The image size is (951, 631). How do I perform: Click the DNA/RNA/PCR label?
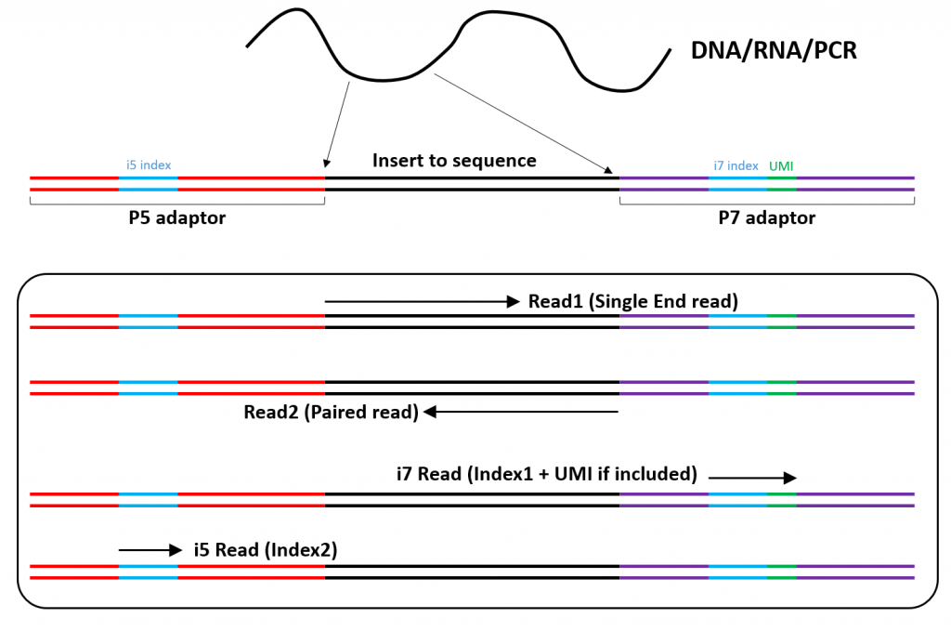pyautogui.click(x=773, y=51)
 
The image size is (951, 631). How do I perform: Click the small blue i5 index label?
pyautogui.click(x=149, y=165)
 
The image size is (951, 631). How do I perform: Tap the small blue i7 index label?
pyautogui.click(x=736, y=165)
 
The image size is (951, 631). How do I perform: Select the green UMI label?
pyautogui.click(x=781, y=165)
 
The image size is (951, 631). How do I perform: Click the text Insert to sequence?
pyautogui.click(x=454, y=161)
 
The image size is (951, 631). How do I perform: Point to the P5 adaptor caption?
pyautogui.click(x=176, y=218)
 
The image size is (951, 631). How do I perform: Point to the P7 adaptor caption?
pyautogui.click(x=767, y=218)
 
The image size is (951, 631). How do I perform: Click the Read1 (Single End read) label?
pyautogui.click(x=632, y=301)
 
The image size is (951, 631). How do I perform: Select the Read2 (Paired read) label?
pyautogui.click(x=331, y=412)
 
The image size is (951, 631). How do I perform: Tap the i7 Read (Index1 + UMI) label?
pyautogui.click(x=546, y=474)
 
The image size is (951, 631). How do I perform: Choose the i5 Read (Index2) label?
pyautogui.click(x=265, y=549)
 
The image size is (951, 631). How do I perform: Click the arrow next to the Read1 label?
pyautogui.click(x=422, y=301)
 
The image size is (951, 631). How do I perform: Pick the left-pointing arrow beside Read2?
pyautogui.click(x=521, y=412)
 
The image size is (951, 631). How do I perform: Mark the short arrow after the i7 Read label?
pyautogui.click(x=752, y=478)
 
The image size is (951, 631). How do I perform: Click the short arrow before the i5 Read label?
pyautogui.click(x=150, y=550)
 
